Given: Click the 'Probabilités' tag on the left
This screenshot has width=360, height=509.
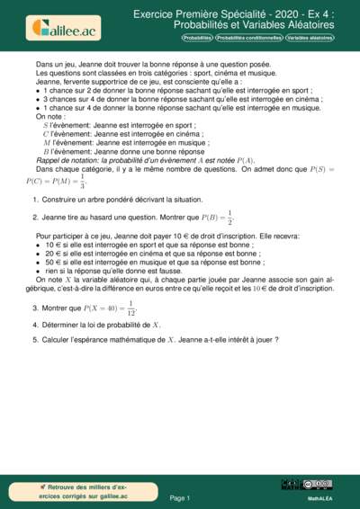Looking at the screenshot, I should pyautogui.click(x=197, y=40).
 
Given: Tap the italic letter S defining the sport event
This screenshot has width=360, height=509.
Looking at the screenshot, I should pyautogui.click(x=46, y=125).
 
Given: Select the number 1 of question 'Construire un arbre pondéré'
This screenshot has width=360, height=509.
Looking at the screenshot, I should pyautogui.click(x=34, y=199).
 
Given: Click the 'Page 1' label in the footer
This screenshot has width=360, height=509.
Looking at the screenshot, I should pyautogui.click(x=179, y=496).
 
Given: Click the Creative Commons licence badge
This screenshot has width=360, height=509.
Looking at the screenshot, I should pyautogui.click(x=319, y=484).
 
